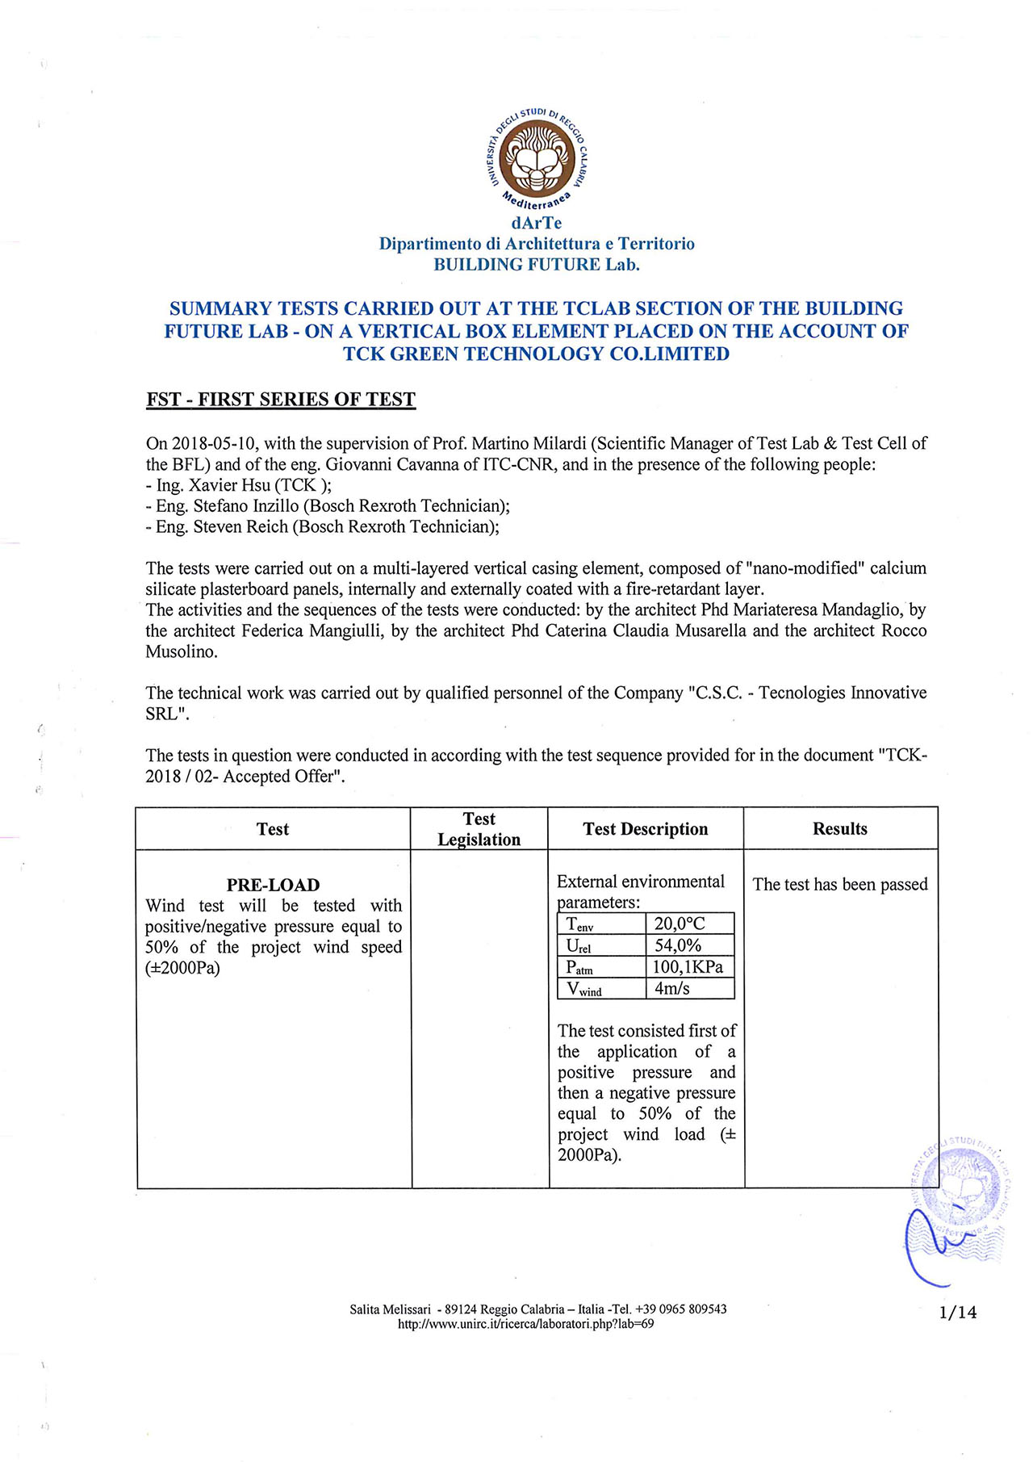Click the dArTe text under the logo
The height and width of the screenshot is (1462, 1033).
[x=537, y=223]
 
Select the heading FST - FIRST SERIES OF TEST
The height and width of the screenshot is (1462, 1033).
[x=281, y=400]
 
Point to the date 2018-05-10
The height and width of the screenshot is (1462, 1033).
[x=214, y=443]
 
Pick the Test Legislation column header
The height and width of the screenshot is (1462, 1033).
[x=479, y=829]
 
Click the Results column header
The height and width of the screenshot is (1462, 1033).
[x=840, y=829]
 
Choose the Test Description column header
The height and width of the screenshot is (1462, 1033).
[x=646, y=829]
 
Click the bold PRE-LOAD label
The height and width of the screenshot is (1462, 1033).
[x=274, y=885]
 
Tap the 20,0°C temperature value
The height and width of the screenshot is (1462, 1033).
[x=680, y=924]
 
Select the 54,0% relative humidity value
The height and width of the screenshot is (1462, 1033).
[x=678, y=945]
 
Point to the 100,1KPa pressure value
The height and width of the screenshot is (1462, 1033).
[x=688, y=967]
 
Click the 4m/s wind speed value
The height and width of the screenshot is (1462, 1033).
[x=672, y=988]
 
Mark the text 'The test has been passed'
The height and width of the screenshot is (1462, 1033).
[x=840, y=885]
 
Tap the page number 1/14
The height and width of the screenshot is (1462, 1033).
[x=958, y=1313]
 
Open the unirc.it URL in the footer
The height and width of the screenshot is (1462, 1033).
[x=526, y=1324]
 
